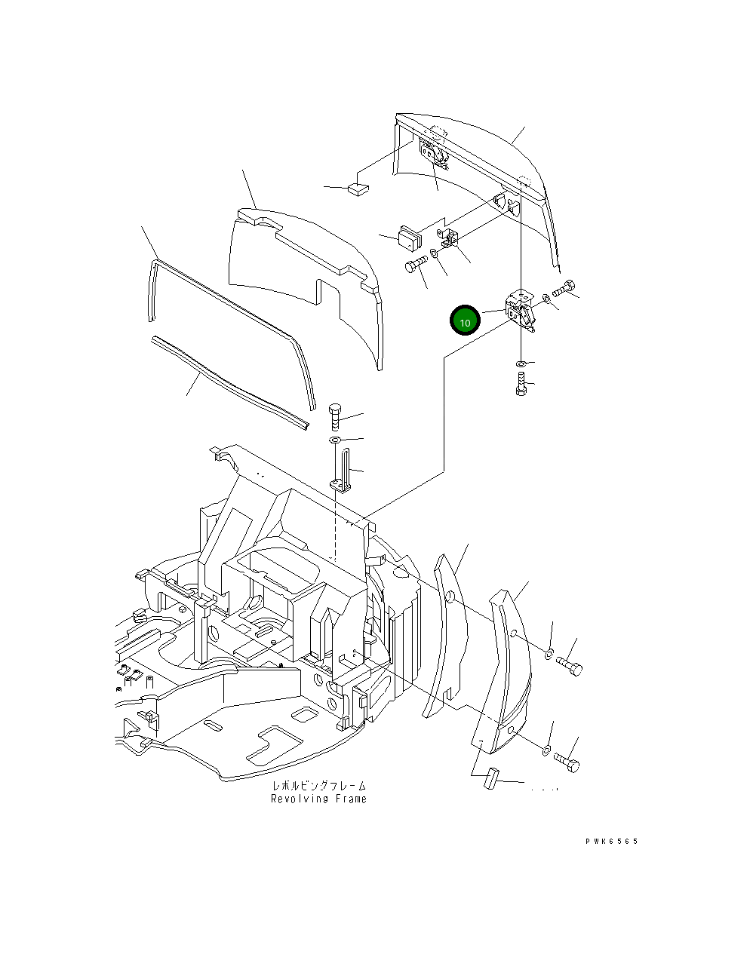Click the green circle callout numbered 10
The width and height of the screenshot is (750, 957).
pyautogui.click(x=465, y=321)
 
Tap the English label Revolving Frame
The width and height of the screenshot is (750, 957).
pyautogui.click(x=318, y=799)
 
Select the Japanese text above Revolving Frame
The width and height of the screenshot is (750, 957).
pyautogui.click(x=318, y=786)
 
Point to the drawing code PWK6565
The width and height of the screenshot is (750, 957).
pyautogui.click(x=610, y=841)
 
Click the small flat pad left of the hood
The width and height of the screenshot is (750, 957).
pyautogui.click(x=358, y=189)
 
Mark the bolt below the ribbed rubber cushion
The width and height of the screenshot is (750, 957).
pyautogui.click(x=415, y=265)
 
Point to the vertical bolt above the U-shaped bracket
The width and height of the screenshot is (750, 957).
pyautogui.click(x=336, y=417)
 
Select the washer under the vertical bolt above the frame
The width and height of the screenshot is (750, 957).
pyautogui.click(x=336, y=440)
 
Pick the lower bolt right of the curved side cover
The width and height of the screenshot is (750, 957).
pyautogui.click(x=567, y=762)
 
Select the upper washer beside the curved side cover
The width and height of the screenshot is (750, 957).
pyautogui.click(x=549, y=651)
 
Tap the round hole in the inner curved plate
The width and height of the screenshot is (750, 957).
pyautogui.click(x=450, y=597)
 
